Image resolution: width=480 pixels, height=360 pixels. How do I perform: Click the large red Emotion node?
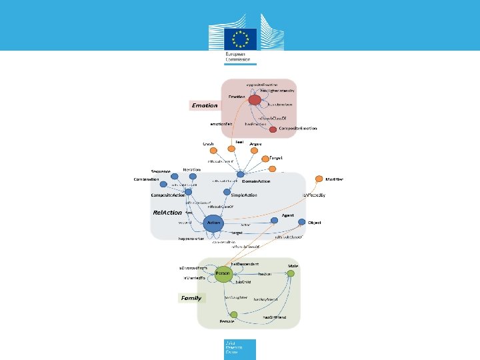(254, 100)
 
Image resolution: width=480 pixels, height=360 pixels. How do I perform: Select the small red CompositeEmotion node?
(273, 129)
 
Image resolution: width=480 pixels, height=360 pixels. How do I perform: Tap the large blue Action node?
(213, 224)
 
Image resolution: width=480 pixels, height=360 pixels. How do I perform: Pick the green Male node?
(291, 273)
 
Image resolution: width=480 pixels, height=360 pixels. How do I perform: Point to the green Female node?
(234, 315)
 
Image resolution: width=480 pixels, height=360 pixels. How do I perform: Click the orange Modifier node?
(319, 179)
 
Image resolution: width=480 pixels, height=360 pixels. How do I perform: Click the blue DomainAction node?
(241, 175)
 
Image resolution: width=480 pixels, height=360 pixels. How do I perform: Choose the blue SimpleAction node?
(227, 193)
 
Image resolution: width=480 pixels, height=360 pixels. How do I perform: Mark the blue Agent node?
(274, 221)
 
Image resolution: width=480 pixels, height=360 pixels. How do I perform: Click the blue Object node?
(301, 222)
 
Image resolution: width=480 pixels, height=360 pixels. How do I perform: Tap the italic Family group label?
(191, 298)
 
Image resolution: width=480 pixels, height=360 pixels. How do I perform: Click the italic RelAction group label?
(167, 212)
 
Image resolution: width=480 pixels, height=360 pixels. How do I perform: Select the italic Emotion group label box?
(205, 105)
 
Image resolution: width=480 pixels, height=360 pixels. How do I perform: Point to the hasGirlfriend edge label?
(274, 317)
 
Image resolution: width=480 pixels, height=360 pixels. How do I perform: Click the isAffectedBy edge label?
(313, 195)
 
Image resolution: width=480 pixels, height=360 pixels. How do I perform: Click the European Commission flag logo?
(240, 37)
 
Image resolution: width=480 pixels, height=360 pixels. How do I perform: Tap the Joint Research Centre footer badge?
(240, 348)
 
